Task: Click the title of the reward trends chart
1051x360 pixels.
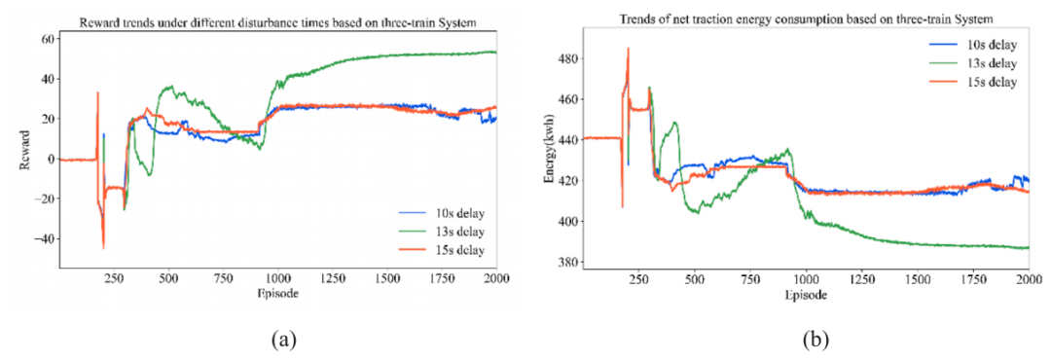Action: point(277,22)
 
